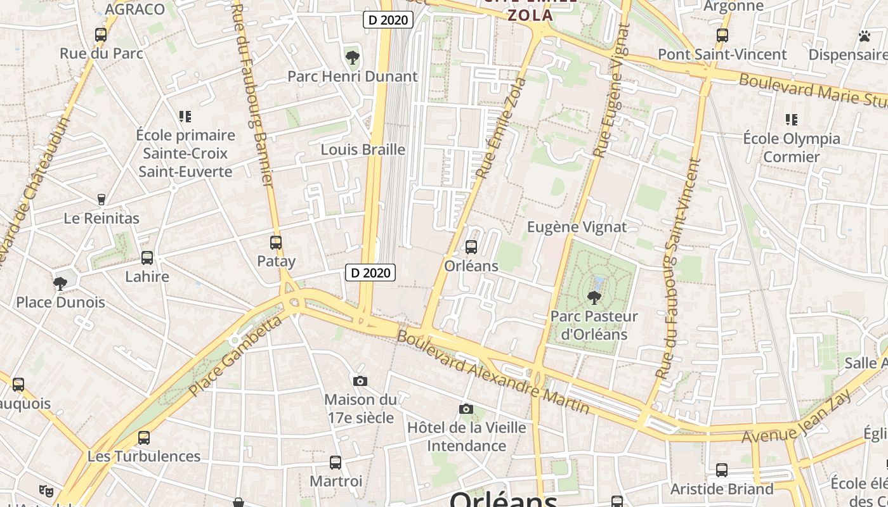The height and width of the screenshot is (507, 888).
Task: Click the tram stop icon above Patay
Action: tap(276, 242)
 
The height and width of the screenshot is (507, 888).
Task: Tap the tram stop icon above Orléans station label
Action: tap(471, 247)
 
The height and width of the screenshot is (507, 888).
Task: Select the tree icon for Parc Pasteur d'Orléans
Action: tap(594, 297)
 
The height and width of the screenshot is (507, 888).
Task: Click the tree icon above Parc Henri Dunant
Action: tap(353, 58)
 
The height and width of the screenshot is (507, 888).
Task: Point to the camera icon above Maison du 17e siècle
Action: tap(360, 381)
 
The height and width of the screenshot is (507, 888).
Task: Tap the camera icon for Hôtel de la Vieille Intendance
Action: tap(466, 409)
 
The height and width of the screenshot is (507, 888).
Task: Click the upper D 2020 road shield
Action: tap(388, 20)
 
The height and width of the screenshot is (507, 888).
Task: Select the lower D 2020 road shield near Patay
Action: tap(370, 273)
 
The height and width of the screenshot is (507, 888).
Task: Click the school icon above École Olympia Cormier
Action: tap(791, 119)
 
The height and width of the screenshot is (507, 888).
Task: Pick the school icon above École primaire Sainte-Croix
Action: tap(185, 116)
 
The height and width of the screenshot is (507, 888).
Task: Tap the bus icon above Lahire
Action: tap(147, 258)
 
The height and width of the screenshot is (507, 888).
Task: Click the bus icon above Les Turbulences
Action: tap(144, 437)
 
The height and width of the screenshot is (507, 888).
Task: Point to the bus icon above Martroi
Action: tap(336, 463)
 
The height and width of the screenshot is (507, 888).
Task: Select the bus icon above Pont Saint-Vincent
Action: tap(722, 35)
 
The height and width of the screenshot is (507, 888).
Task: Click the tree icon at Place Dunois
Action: tap(60, 283)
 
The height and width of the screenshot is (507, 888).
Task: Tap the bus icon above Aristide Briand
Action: tap(722, 470)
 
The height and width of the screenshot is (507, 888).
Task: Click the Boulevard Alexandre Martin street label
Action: tap(493, 371)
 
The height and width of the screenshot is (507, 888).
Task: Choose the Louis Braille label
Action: tap(363, 150)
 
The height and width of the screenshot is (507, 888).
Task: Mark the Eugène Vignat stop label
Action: tap(577, 227)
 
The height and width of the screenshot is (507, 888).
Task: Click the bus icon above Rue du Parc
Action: tap(101, 35)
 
